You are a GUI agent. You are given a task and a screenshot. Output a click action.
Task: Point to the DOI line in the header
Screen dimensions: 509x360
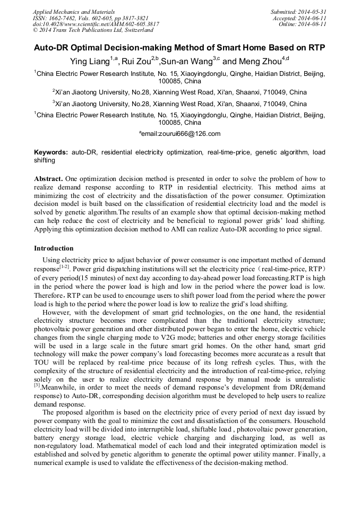pos(96,24)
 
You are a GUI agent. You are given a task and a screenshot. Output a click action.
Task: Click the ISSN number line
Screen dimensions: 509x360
pos(90,18)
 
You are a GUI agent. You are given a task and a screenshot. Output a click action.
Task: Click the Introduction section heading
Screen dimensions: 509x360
pos(54,248)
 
